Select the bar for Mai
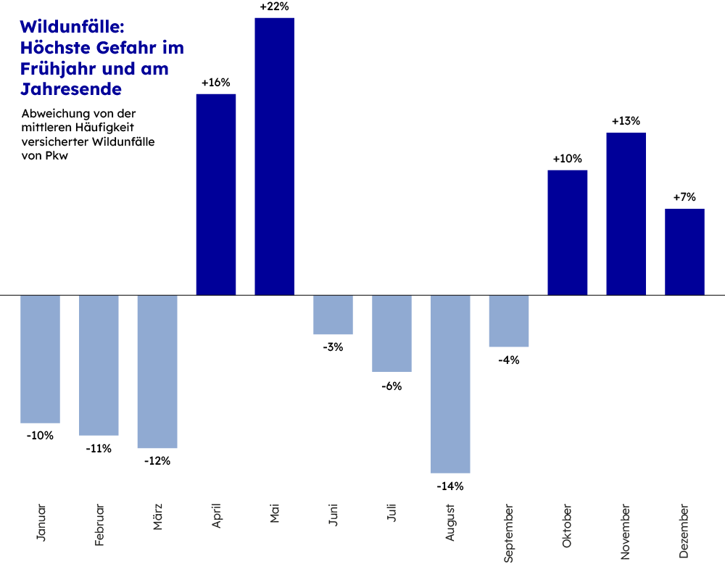tap(274, 156)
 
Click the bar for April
tap(216, 194)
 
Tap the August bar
tap(450, 384)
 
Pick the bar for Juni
tap(333, 315)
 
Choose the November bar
tap(626, 214)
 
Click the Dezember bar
tap(684, 252)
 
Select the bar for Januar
tap(40, 359)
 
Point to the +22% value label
tap(274, 7)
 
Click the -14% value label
tap(450, 486)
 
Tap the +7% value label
tap(684, 197)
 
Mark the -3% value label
tap(333, 347)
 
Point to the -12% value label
tap(157, 461)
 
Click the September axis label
tap(509, 533)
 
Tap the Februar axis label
tap(99, 524)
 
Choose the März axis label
tap(158, 517)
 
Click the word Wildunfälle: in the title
tap(72, 27)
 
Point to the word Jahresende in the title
tap(71, 90)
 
